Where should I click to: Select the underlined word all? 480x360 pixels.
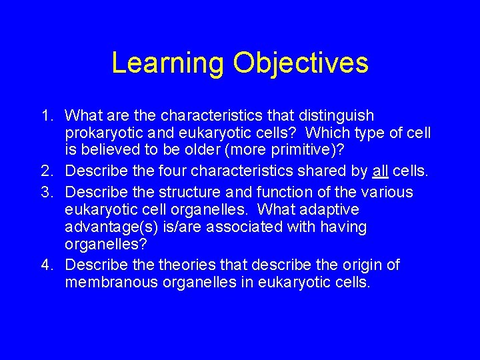(x=380, y=172)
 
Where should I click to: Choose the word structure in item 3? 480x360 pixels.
(x=189, y=192)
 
